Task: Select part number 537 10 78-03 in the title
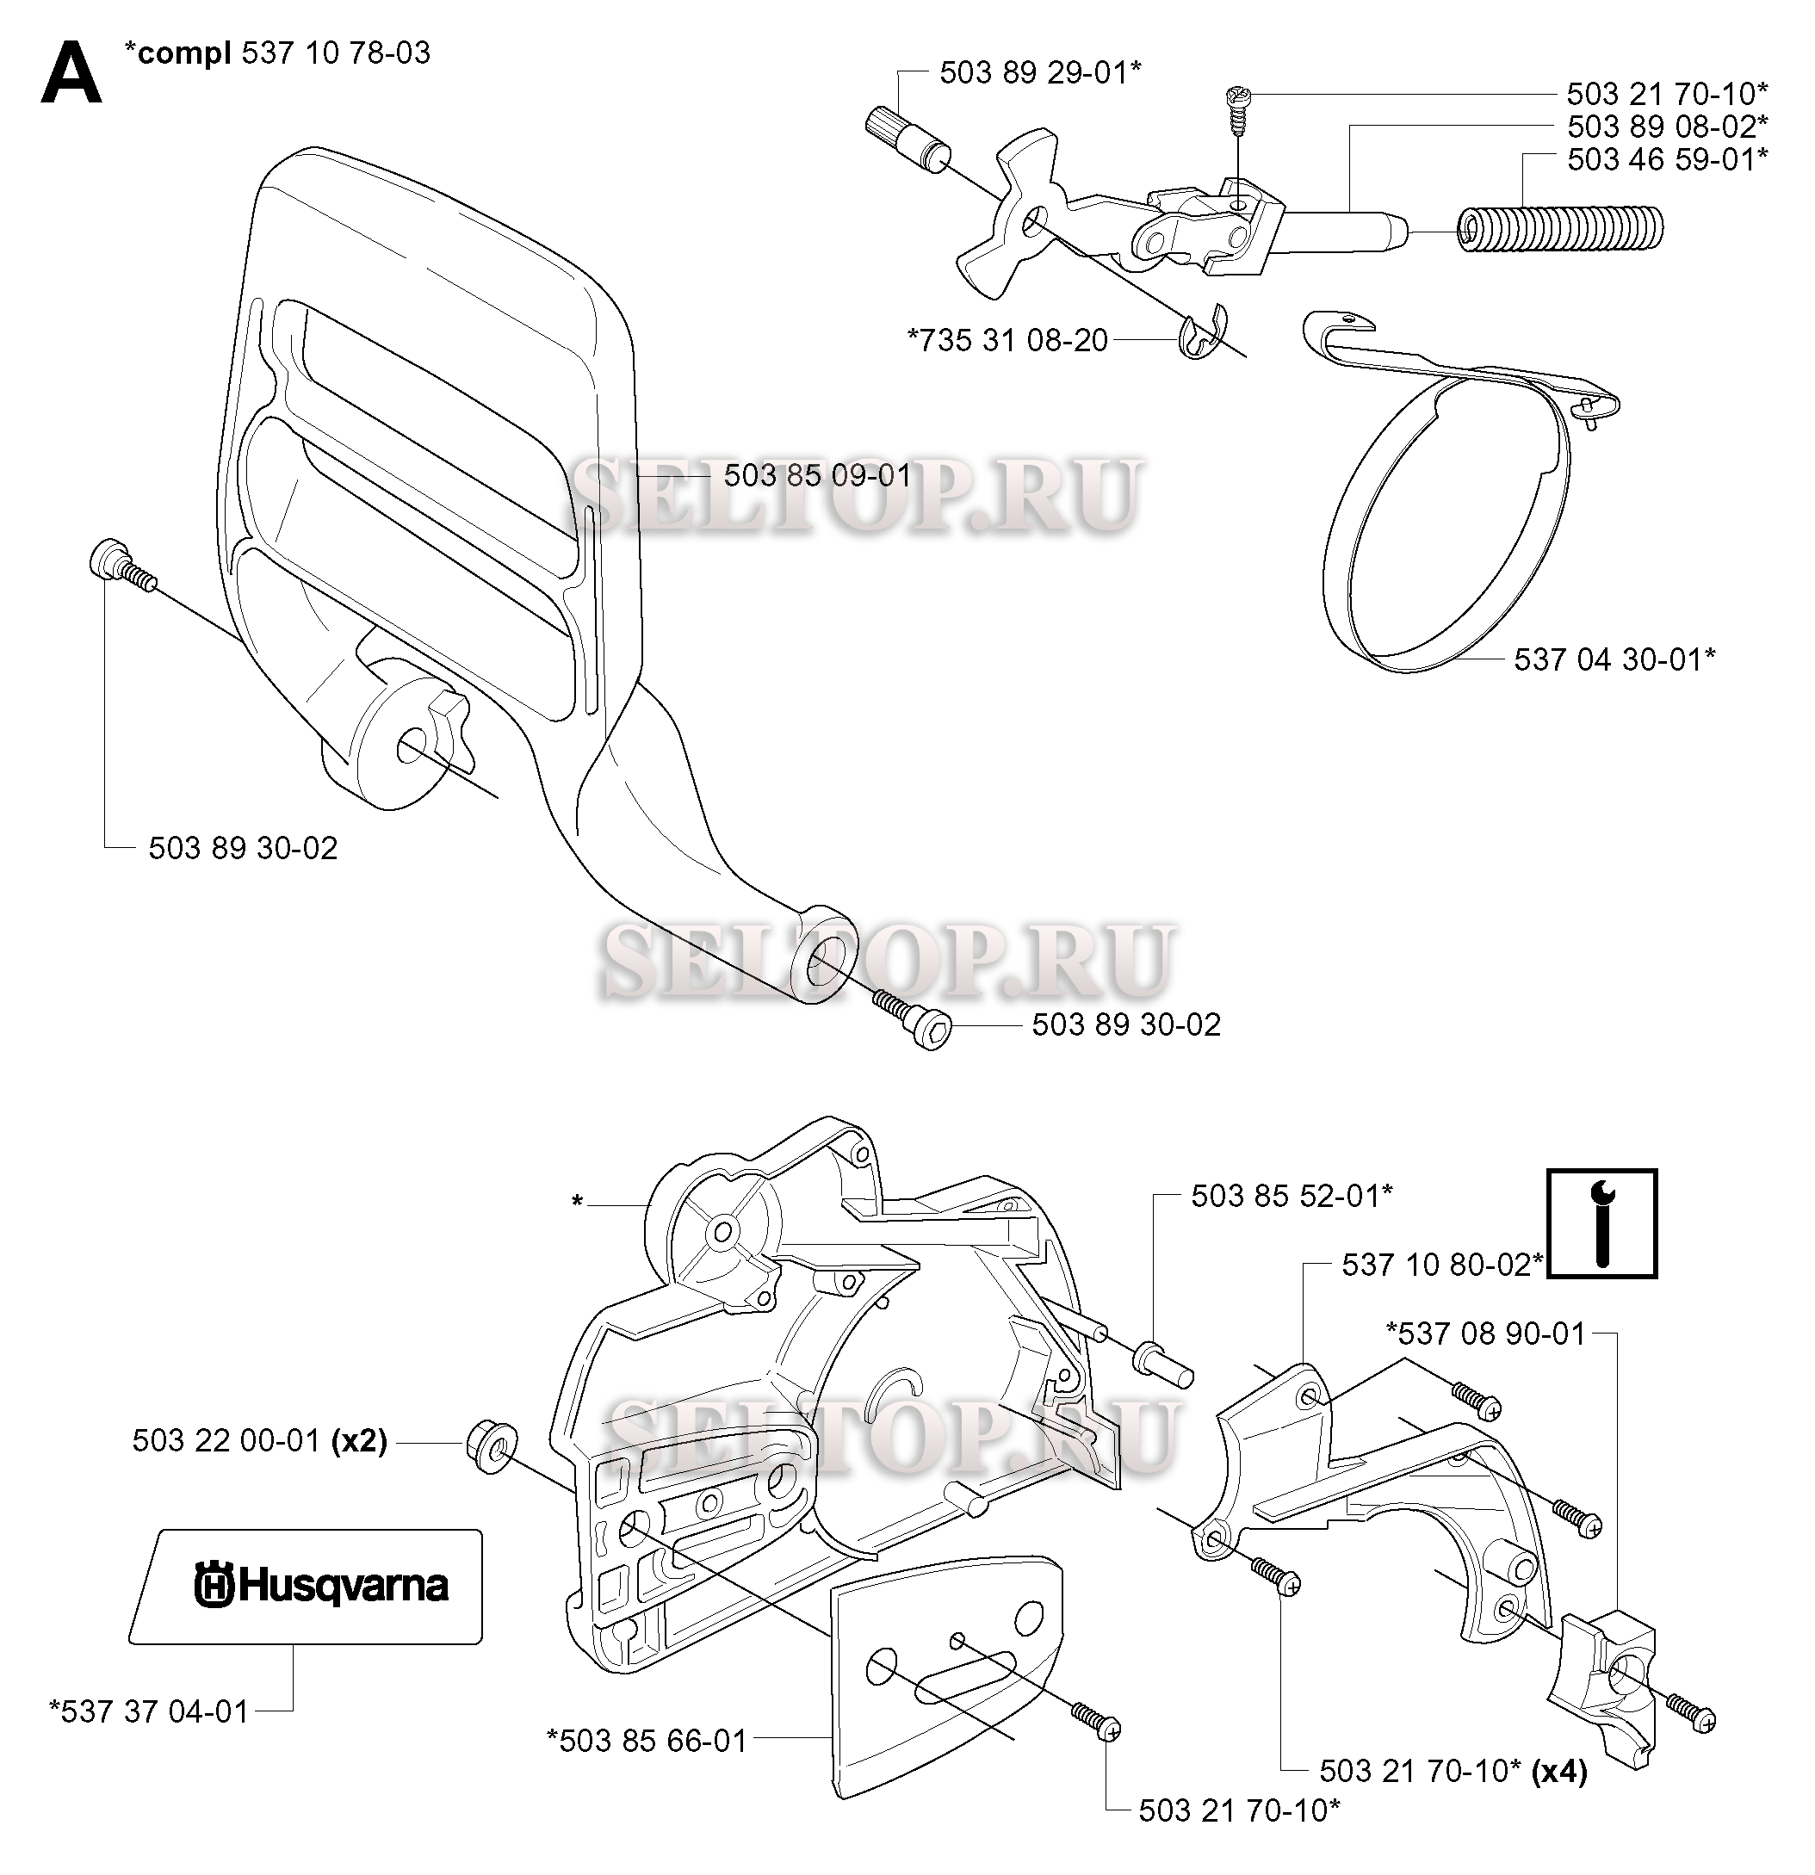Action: click(336, 53)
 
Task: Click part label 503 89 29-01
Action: click(1040, 72)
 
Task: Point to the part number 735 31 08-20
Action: click(1007, 341)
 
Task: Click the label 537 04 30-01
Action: click(1614, 659)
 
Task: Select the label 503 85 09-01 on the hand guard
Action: click(817, 475)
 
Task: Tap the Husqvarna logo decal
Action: click(305, 1586)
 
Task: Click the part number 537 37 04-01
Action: click(149, 1711)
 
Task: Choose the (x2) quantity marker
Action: click(359, 1441)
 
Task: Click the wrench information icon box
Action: click(1601, 1222)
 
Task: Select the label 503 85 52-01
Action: click(1292, 1196)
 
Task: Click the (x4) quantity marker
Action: click(1559, 1772)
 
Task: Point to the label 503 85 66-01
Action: click(647, 1741)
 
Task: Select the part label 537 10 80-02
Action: click(1442, 1265)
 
